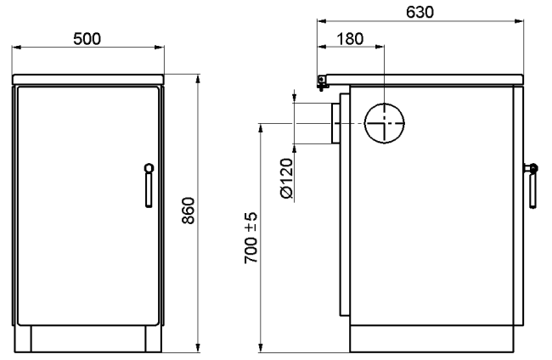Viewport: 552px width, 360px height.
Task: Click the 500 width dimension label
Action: pyautogui.click(x=87, y=39)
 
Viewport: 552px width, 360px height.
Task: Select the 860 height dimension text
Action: pyautogui.click(x=189, y=211)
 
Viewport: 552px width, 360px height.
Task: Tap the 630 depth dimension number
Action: pyautogui.click(x=420, y=13)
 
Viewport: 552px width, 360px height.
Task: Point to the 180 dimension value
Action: pyautogui.click(x=350, y=39)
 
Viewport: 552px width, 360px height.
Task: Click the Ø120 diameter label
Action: pyautogui.click(x=287, y=178)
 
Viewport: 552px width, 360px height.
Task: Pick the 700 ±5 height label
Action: pyautogui.click(x=251, y=238)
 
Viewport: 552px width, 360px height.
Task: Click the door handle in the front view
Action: pyautogui.click(x=149, y=185)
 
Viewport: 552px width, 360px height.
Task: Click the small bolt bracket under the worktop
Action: pyautogui.click(x=322, y=83)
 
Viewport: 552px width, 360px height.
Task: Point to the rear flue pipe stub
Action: pyautogui.click(x=335, y=123)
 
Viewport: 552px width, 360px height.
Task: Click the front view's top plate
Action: pyautogui.click(x=88, y=80)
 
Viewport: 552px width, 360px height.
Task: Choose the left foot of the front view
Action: pyautogui.click(x=23, y=339)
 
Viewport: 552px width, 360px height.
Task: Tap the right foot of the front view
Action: pyautogui.click(x=154, y=339)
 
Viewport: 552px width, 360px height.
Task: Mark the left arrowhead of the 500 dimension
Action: pyautogui.click(x=17, y=48)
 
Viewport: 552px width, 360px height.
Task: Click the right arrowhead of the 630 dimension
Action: pyautogui.click(x=519, y=21)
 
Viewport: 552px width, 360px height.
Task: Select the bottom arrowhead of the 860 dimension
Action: pyautogui.click(x=198, y=347)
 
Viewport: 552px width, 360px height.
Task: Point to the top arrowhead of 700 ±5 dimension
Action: pyautogui.click(x=261, y=128)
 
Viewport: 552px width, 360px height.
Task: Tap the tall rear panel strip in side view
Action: pyautogui.click(x=345, y=204)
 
